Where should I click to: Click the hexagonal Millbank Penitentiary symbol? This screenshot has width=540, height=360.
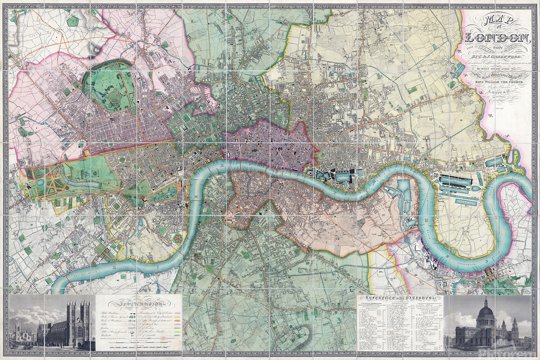tap(178, 239)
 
